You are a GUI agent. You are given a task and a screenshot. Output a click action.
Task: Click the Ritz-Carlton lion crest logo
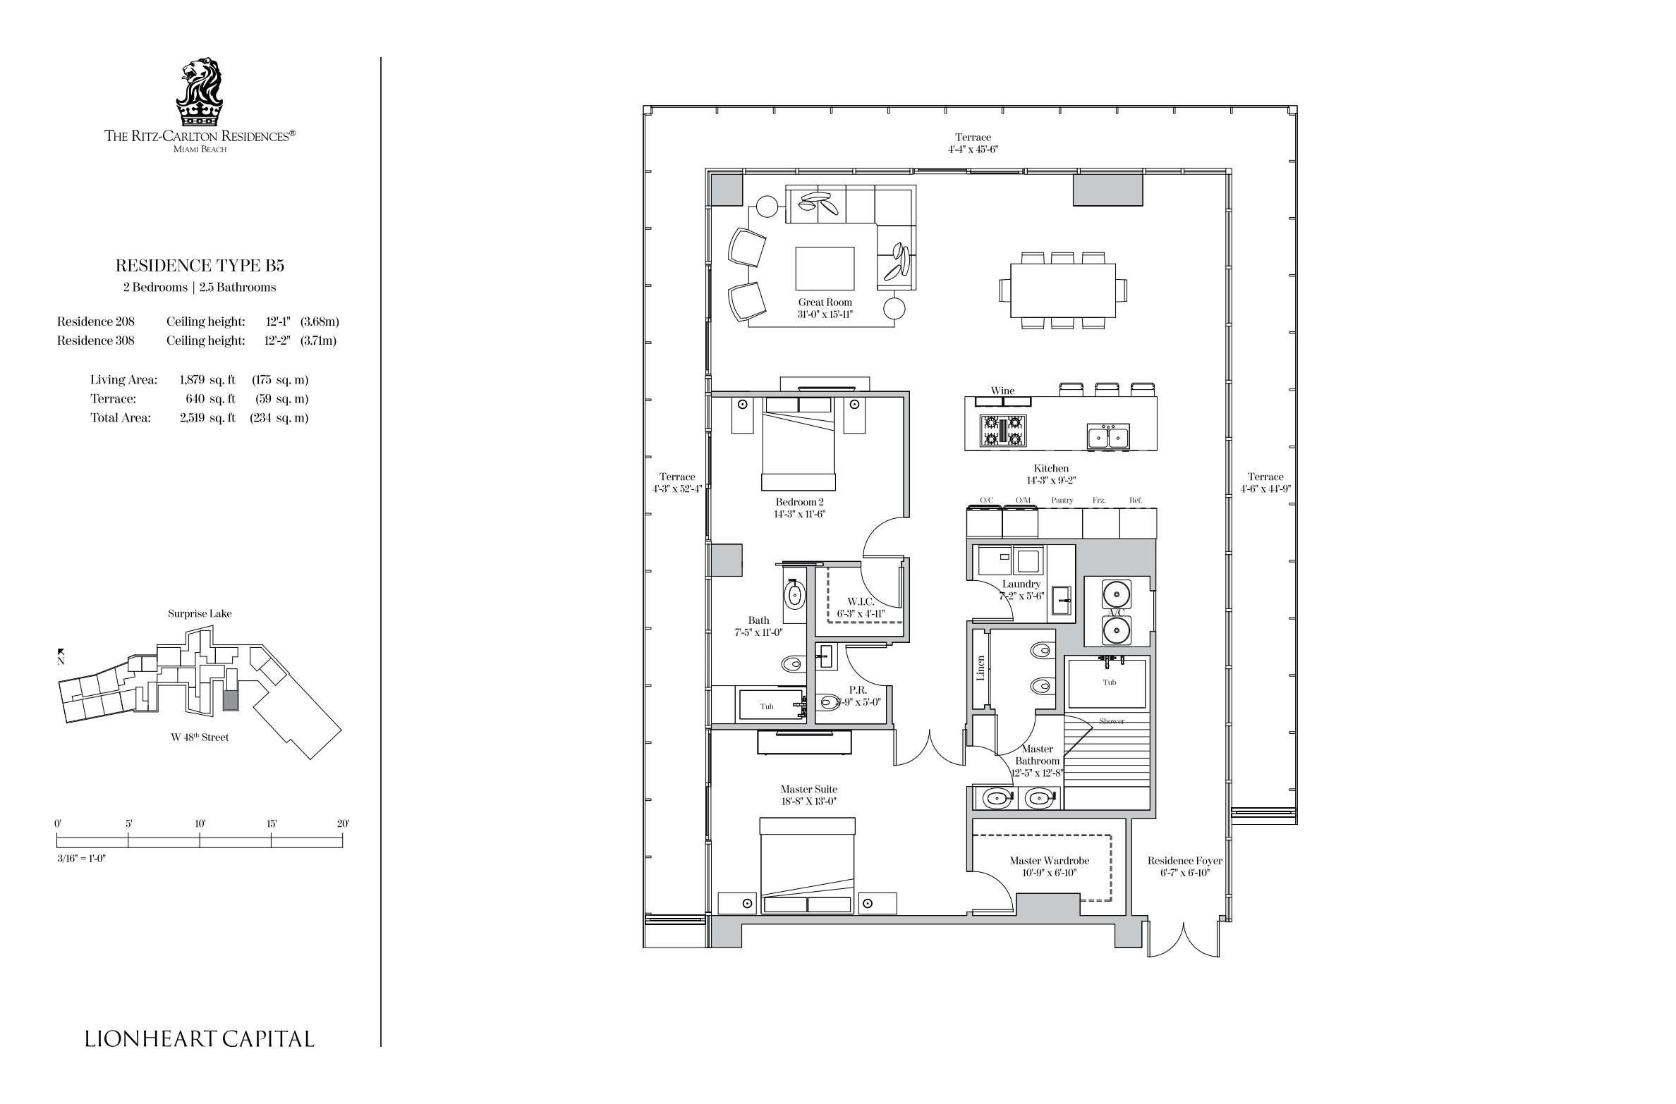coord(200,92)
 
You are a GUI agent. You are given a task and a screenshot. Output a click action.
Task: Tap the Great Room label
coord(825,302)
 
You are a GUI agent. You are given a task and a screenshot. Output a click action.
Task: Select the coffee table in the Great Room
coord(825,268)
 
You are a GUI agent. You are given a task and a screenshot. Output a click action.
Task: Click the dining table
coord(1063,290)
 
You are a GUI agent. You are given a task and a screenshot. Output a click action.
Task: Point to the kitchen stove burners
coord(1002,431)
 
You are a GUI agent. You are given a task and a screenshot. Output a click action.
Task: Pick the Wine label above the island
coord(1002,391)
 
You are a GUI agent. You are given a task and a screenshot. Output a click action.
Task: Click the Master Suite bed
coord(808,866)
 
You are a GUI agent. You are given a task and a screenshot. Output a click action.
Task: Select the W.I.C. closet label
coord(861,601)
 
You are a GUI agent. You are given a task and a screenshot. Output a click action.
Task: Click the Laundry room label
coord(1021,584)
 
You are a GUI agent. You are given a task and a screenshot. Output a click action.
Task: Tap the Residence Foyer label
coord(1184,861)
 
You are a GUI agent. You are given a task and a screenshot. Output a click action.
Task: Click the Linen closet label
coord(980,668)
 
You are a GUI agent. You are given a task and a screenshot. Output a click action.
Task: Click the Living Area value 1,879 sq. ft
coord(207,380)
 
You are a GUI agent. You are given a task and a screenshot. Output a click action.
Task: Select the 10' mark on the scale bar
coord(200,823)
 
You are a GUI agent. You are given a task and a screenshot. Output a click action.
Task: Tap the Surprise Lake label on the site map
coord(200,613)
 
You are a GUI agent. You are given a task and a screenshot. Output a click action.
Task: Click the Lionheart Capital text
coord(200,1039)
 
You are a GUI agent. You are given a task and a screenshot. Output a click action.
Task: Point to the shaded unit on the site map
coord(231,700)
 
